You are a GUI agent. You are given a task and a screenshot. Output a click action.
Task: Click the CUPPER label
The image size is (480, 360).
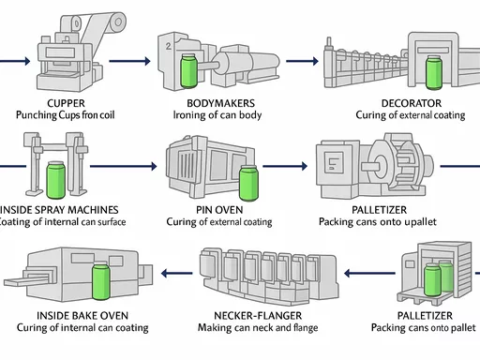coord(66,103)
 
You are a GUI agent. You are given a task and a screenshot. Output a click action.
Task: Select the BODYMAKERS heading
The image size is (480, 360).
coord(220,103)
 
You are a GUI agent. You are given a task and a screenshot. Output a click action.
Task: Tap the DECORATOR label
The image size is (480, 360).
coord(412,103)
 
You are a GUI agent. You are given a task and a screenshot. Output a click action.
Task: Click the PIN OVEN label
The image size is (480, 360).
coord(219,210)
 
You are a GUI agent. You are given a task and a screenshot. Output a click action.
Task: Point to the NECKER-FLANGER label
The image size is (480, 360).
coord(258,316)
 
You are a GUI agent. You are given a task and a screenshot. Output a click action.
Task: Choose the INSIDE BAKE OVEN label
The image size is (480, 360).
coord(82,316)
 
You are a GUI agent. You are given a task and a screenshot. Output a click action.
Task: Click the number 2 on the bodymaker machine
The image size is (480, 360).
coord(169,46)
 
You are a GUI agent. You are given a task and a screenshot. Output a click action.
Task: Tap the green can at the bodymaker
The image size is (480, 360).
coord(188,71)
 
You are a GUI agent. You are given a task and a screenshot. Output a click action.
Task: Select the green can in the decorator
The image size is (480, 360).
coord(434,73)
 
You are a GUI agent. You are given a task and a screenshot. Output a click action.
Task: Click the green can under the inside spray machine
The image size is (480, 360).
coord(56,180)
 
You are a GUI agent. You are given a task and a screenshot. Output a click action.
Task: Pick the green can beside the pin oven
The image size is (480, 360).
coord(248,183)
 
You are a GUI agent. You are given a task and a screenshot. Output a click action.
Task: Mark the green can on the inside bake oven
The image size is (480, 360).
coord(101,280)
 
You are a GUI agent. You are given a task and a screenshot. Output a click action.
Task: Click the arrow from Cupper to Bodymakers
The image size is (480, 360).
coord(129,61)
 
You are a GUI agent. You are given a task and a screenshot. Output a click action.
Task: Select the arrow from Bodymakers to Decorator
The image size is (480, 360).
coord(302,61)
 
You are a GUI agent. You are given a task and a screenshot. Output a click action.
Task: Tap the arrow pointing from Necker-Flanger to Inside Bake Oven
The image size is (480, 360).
coord(177,274)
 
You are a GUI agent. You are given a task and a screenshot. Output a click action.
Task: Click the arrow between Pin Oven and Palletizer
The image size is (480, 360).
coord(285,166)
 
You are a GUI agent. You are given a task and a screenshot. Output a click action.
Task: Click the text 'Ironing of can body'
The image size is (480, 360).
coord(217,115)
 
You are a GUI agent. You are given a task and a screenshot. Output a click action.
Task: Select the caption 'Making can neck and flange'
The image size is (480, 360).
coord(258,327)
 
